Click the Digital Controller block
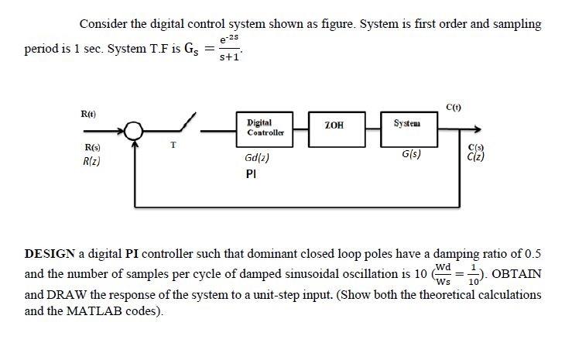265,128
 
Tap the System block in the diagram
406,125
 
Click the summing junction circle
136,130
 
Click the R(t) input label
87,113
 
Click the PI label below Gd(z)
250,175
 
